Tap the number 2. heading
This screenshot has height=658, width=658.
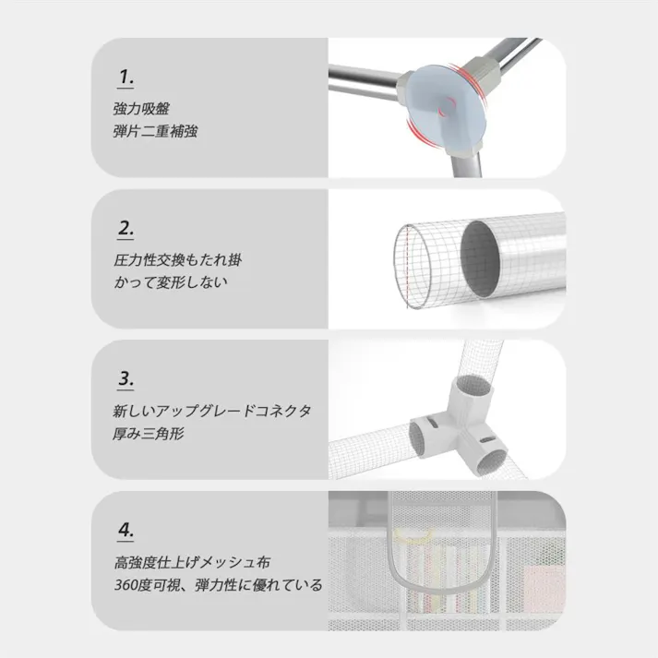[x=126, y=228]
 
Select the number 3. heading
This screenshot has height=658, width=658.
[x=126, y=378]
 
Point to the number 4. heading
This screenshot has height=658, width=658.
[x=126, y=530]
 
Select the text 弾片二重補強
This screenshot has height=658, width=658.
[x=154, y=131]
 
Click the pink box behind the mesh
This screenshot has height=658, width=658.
[x=544, y=590]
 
